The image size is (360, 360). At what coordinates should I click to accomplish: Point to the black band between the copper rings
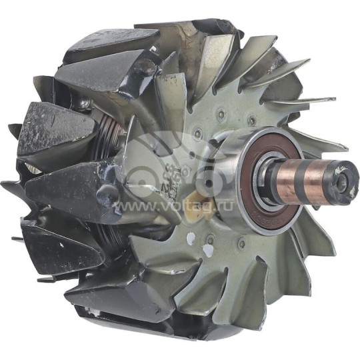tap(307, 178)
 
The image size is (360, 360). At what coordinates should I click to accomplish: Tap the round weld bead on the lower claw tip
tap(106, 194)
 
